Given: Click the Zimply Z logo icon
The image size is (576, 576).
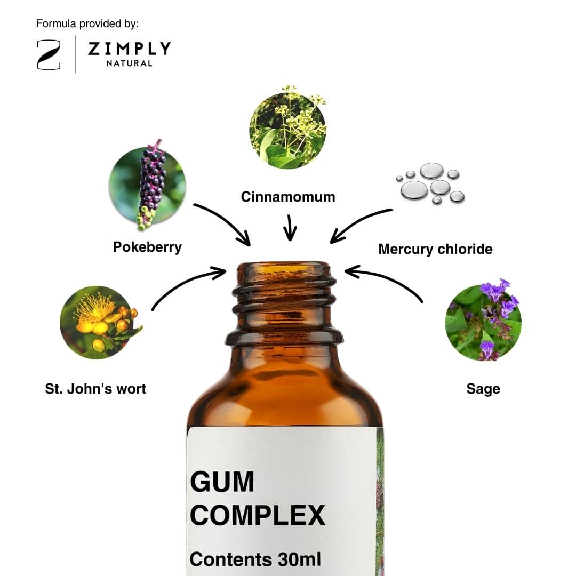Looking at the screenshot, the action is pos(49,55).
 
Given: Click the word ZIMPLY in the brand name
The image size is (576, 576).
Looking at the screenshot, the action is pos(129,49).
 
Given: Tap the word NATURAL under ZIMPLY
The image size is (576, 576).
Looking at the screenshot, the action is pos(129,63).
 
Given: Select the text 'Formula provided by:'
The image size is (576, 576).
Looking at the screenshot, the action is pos(87,24).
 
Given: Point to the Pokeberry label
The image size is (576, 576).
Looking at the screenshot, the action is pos(147,247).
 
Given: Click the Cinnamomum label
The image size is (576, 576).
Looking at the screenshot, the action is pos(288,197).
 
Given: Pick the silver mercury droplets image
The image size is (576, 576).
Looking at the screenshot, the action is pos(430,183).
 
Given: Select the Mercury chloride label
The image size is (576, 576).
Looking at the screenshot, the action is pos(435,249).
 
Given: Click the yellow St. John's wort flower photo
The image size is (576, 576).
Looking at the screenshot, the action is pos(99,322).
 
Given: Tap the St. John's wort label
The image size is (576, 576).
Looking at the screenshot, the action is pos(95,389).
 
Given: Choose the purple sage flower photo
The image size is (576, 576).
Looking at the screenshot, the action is pos(483,321).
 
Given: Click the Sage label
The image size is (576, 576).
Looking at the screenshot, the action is pos(483,389).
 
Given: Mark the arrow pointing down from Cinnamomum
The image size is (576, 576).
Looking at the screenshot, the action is pos(290,228).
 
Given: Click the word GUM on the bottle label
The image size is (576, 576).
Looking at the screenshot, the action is pos(222,482).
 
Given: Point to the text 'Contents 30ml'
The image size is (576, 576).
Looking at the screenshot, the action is pos(255,559).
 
